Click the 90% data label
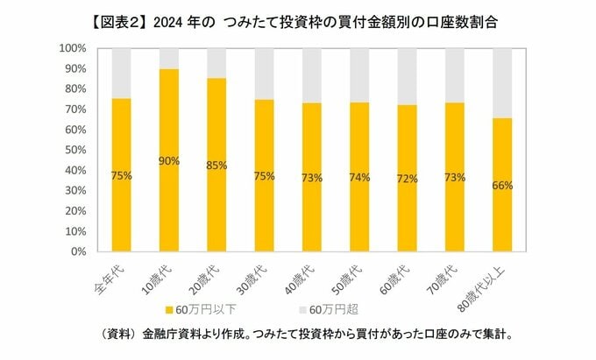click(x=169, y=160)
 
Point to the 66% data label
click(x=502, y=186)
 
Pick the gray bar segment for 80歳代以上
click(x=502, y=83)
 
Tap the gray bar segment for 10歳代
click(x=169, y=59)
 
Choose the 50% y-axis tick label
click(x=74, y=150)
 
